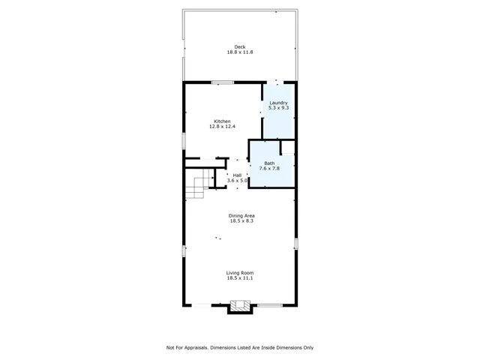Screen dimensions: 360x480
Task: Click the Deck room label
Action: (x=241, y=46)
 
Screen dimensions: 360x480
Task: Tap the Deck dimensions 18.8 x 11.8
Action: (x=241, y=52)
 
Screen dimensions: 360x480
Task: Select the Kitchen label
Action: (x=222, y=121)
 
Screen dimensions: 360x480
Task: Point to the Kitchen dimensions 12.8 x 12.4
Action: (x=222, y=127)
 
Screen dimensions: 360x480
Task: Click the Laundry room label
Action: (x=279, y=103)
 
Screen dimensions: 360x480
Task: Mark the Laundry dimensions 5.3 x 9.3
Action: (x=279, y=108)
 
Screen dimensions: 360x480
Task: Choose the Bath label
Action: (x=269, y=163)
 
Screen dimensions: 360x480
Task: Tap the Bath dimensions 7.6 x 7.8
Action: (x=269, y=168)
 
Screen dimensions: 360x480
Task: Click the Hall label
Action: (x=238, y=175)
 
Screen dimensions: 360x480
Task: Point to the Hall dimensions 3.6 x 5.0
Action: (x=238, y=181)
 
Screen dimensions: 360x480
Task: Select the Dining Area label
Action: (x=241, y=216)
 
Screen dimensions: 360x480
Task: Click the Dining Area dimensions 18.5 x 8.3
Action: (x=241, y=221)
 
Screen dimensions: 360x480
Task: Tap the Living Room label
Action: (x=241, y=272)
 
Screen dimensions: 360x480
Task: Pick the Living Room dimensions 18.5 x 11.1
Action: (x=241, y=277)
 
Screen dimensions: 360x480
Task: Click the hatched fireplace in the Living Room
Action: (x=240, y=306)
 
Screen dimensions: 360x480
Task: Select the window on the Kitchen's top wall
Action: (x=222, y=82)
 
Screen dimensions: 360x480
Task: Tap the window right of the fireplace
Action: (x=269, y=304)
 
